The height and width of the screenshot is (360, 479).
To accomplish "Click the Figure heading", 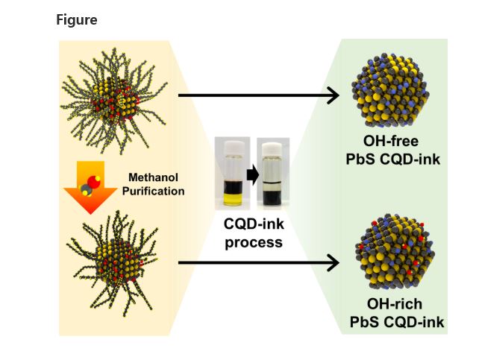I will [x=77, y=20].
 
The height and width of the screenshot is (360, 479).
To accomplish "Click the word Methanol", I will [x=153, y=177].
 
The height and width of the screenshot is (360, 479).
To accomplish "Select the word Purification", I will [x=153, y=191].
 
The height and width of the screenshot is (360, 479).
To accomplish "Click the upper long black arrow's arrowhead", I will [x=333, y=95].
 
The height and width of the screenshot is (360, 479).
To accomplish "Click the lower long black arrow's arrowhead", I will [x=333, y=262].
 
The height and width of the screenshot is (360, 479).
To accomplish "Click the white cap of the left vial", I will [x=231, y=146].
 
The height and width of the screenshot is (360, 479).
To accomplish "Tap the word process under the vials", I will [x=254, y=241].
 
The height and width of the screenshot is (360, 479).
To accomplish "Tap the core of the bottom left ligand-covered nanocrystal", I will [x=111, y=257].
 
